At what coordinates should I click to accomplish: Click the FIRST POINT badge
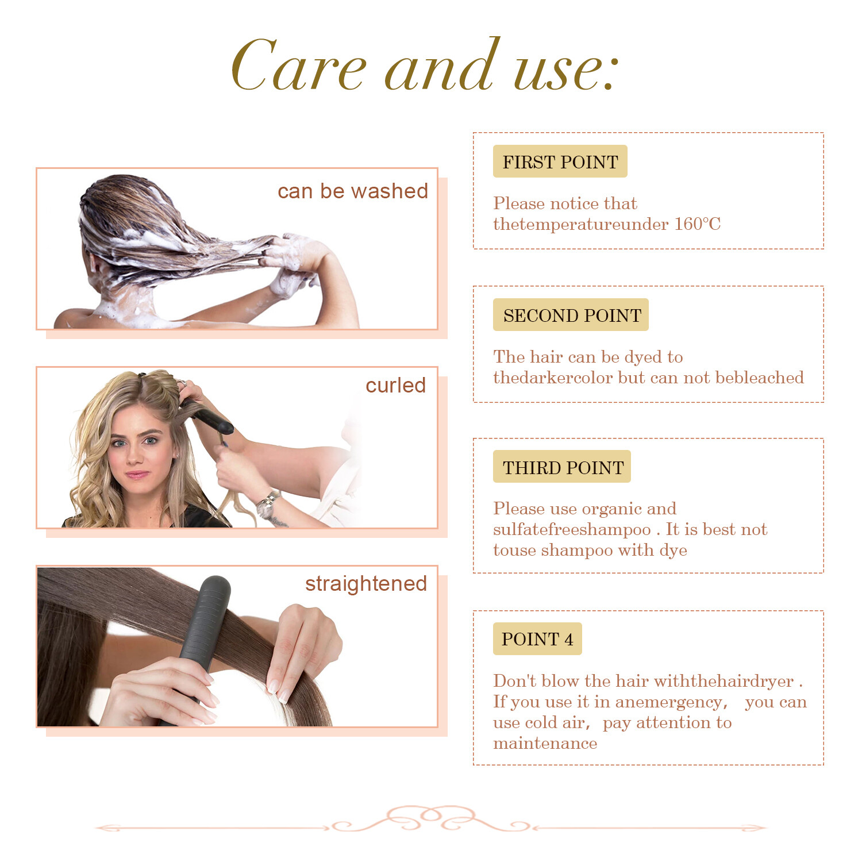[560, 161]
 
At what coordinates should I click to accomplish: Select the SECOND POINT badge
[571, 315]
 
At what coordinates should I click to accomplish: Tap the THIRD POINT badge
[562, 467]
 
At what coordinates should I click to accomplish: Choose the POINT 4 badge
[537, 638]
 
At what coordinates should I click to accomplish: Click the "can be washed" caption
[353, 191]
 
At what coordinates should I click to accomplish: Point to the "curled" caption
[395, 385]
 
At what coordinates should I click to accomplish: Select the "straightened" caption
[366, 584]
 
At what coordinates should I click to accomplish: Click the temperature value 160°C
[697, 224]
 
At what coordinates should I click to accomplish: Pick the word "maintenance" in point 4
[545, 744]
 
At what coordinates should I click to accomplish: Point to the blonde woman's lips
[137, 475]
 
